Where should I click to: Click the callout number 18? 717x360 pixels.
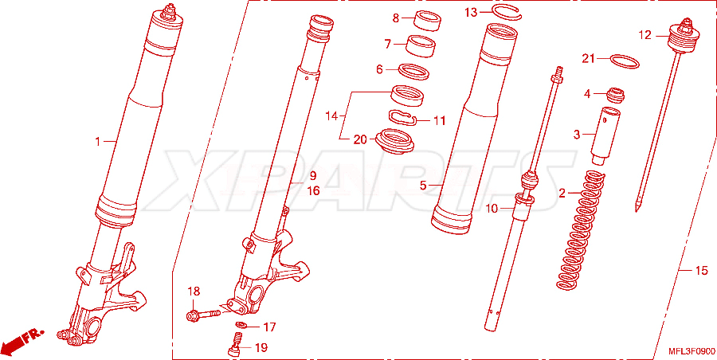point(194,292)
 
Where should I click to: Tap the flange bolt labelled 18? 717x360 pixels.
point(203,315)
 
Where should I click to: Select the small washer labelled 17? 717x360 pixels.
point(241,326)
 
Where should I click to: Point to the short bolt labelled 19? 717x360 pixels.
point(236,344)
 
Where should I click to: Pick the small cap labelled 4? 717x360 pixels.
point(615,95)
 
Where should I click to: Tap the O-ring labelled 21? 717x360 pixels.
point(625,61)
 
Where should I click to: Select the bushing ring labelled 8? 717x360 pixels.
point(429,22)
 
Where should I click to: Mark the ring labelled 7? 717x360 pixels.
point(421,45)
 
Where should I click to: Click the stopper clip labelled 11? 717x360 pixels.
point(402,117)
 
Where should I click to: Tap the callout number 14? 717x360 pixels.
point(331,116)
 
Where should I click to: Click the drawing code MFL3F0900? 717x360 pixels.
point(691,351)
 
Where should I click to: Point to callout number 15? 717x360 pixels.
point(701,271)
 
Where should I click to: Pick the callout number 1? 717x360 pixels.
point(97,143)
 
